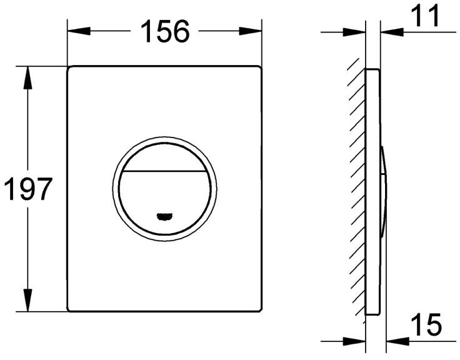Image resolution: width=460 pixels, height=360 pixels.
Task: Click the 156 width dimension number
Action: tap(165, 32)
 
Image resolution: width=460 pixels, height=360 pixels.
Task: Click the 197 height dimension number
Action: tap(28, 189)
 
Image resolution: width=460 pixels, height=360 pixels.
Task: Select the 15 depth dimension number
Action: tap(426, 325)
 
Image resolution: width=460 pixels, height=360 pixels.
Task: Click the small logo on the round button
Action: tap(164, 216)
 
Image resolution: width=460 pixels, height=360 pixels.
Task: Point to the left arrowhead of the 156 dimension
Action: tap(79, 31)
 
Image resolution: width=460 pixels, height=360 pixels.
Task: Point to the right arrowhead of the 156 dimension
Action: tap(250, 31)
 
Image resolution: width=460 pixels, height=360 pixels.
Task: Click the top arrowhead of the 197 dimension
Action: tap(27, 77)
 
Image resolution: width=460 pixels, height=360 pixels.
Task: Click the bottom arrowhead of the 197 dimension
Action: tap(27, 300)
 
